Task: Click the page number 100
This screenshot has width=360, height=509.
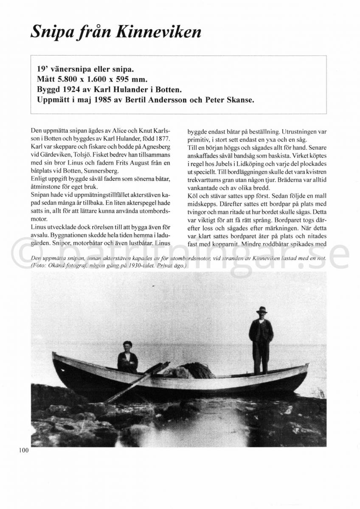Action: tap(23, 450)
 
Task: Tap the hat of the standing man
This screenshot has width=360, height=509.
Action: tap(262, 310)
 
